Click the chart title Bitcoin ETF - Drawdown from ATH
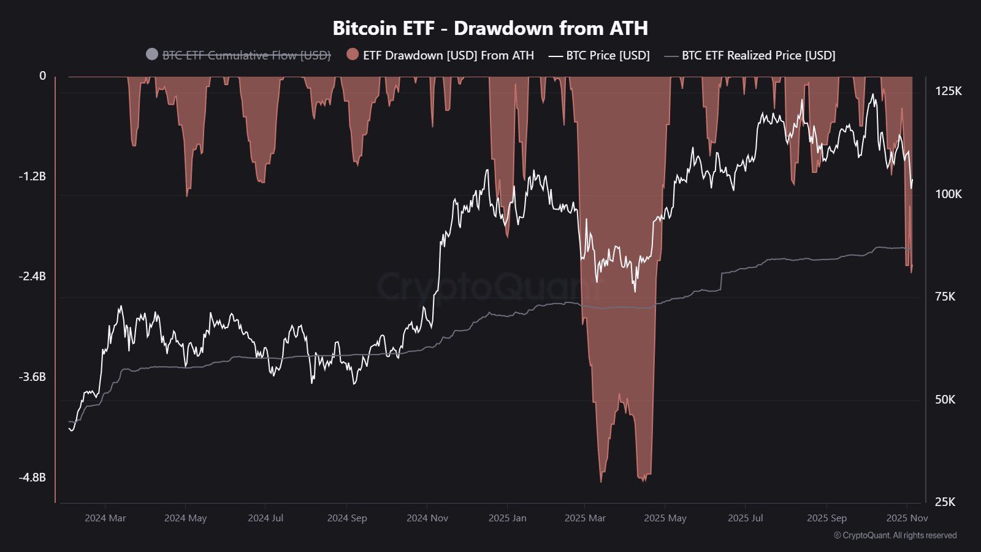pyautogui.click(x=490, y=28)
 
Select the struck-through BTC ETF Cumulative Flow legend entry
pyautogui.click(x=246, y=55)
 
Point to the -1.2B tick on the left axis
pyautogui.click(x=32, y=177)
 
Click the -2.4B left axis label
pyautogui.click(x=32, y=277)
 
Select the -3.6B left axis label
pyautogui.click(x=32, y=377)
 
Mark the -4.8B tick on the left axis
pyautogui.click(x=32, y=477)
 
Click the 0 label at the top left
pyautogui.click(x=42, y=76)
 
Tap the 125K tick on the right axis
pyautogui.click(x=948, y=91)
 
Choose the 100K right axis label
pyautogui.click(x=948, y=194)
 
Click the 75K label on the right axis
pyautogui.click(x=945, y=297)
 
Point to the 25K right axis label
pyautogui.click(x=945, y=502)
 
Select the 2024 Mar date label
pyautogui.click(x=105, y=518)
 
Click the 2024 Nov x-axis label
pyautogui.click(x=427, y=518)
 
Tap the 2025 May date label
pyautogui.click(x=665, y=518)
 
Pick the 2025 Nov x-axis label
pyautogui.click(x=907, y=518)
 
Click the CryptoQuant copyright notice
pyautogui.click(x=895, y=535)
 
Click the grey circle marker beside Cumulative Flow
pyautogui.click(x=152, y=55)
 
